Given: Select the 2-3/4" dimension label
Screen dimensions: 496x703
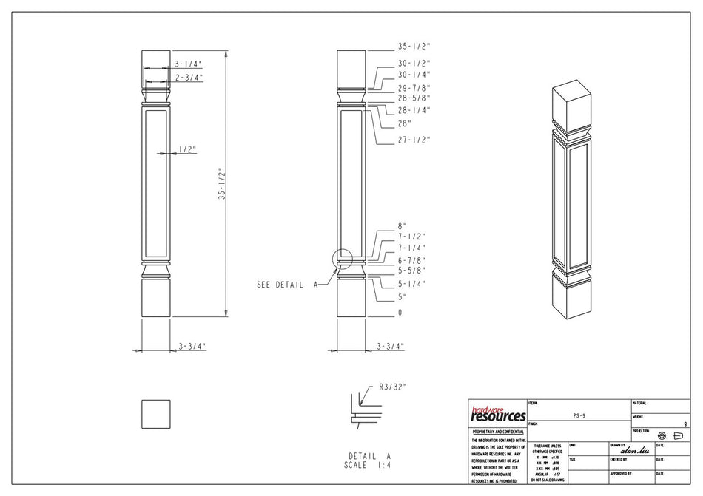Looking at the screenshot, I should pos(189,78).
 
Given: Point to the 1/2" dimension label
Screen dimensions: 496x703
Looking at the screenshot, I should pos(187,149).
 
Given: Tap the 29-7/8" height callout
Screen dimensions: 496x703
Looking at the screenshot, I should pos(414,88).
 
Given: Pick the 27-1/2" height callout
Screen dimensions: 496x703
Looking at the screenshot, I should pos(414,140).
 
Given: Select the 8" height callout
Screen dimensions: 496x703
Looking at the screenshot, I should pos(403,226).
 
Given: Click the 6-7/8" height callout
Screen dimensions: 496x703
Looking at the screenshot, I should pos(412,260).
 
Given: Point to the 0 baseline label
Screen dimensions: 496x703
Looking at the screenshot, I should pos(400,313).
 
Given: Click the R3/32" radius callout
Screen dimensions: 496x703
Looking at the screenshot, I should pos(393,386).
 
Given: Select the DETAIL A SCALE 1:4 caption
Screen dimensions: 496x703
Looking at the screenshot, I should pos(369,461).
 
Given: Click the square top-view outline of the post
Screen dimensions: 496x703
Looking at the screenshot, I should pos(155,413).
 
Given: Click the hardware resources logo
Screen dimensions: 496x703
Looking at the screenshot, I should pos(497,413).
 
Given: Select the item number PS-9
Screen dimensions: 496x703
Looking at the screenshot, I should pos(579,416).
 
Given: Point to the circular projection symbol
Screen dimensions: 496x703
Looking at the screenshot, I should pos(662,435).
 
